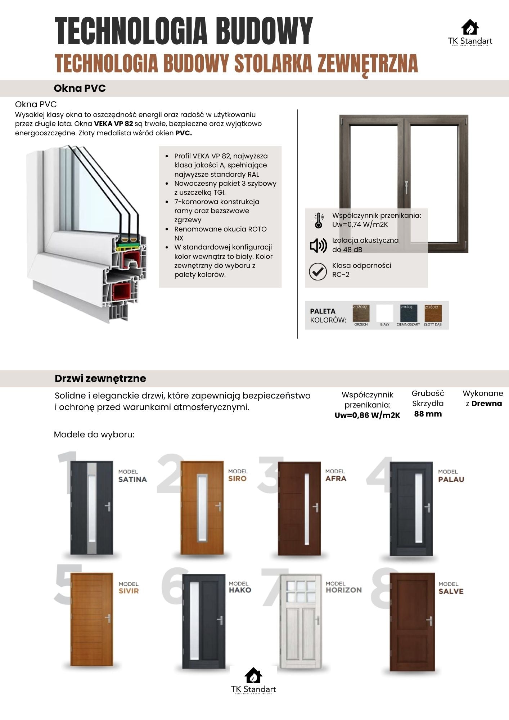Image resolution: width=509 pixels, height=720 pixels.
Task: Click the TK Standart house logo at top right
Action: tap(470, 28)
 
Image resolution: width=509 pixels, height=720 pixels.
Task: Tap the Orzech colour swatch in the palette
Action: tap(360, 313)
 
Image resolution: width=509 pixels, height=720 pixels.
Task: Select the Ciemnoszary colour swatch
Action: tap(409, 313)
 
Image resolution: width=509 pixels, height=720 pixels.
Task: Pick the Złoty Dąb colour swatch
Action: tap(433, 313)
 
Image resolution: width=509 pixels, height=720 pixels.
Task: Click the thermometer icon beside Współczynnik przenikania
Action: tap(318, 220)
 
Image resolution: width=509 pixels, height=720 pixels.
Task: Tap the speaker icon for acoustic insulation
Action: tap(318, 245)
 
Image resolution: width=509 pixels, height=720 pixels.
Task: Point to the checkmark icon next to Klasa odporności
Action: tap(318, 271)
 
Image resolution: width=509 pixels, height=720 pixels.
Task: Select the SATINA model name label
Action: tap(132, 479)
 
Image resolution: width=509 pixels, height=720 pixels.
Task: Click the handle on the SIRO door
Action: tap(218, 506)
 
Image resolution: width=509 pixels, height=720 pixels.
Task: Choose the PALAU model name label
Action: tap(451, 479)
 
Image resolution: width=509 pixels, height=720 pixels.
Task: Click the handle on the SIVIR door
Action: tap(108, 618)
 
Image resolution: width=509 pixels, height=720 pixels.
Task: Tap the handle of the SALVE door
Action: tap(429, 621)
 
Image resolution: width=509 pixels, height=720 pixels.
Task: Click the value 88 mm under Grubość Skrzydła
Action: tap(428, 414)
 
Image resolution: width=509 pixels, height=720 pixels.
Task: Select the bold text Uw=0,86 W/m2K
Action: tap(367, 415)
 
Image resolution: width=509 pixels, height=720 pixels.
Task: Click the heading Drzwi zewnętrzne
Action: tap(100, 378)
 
